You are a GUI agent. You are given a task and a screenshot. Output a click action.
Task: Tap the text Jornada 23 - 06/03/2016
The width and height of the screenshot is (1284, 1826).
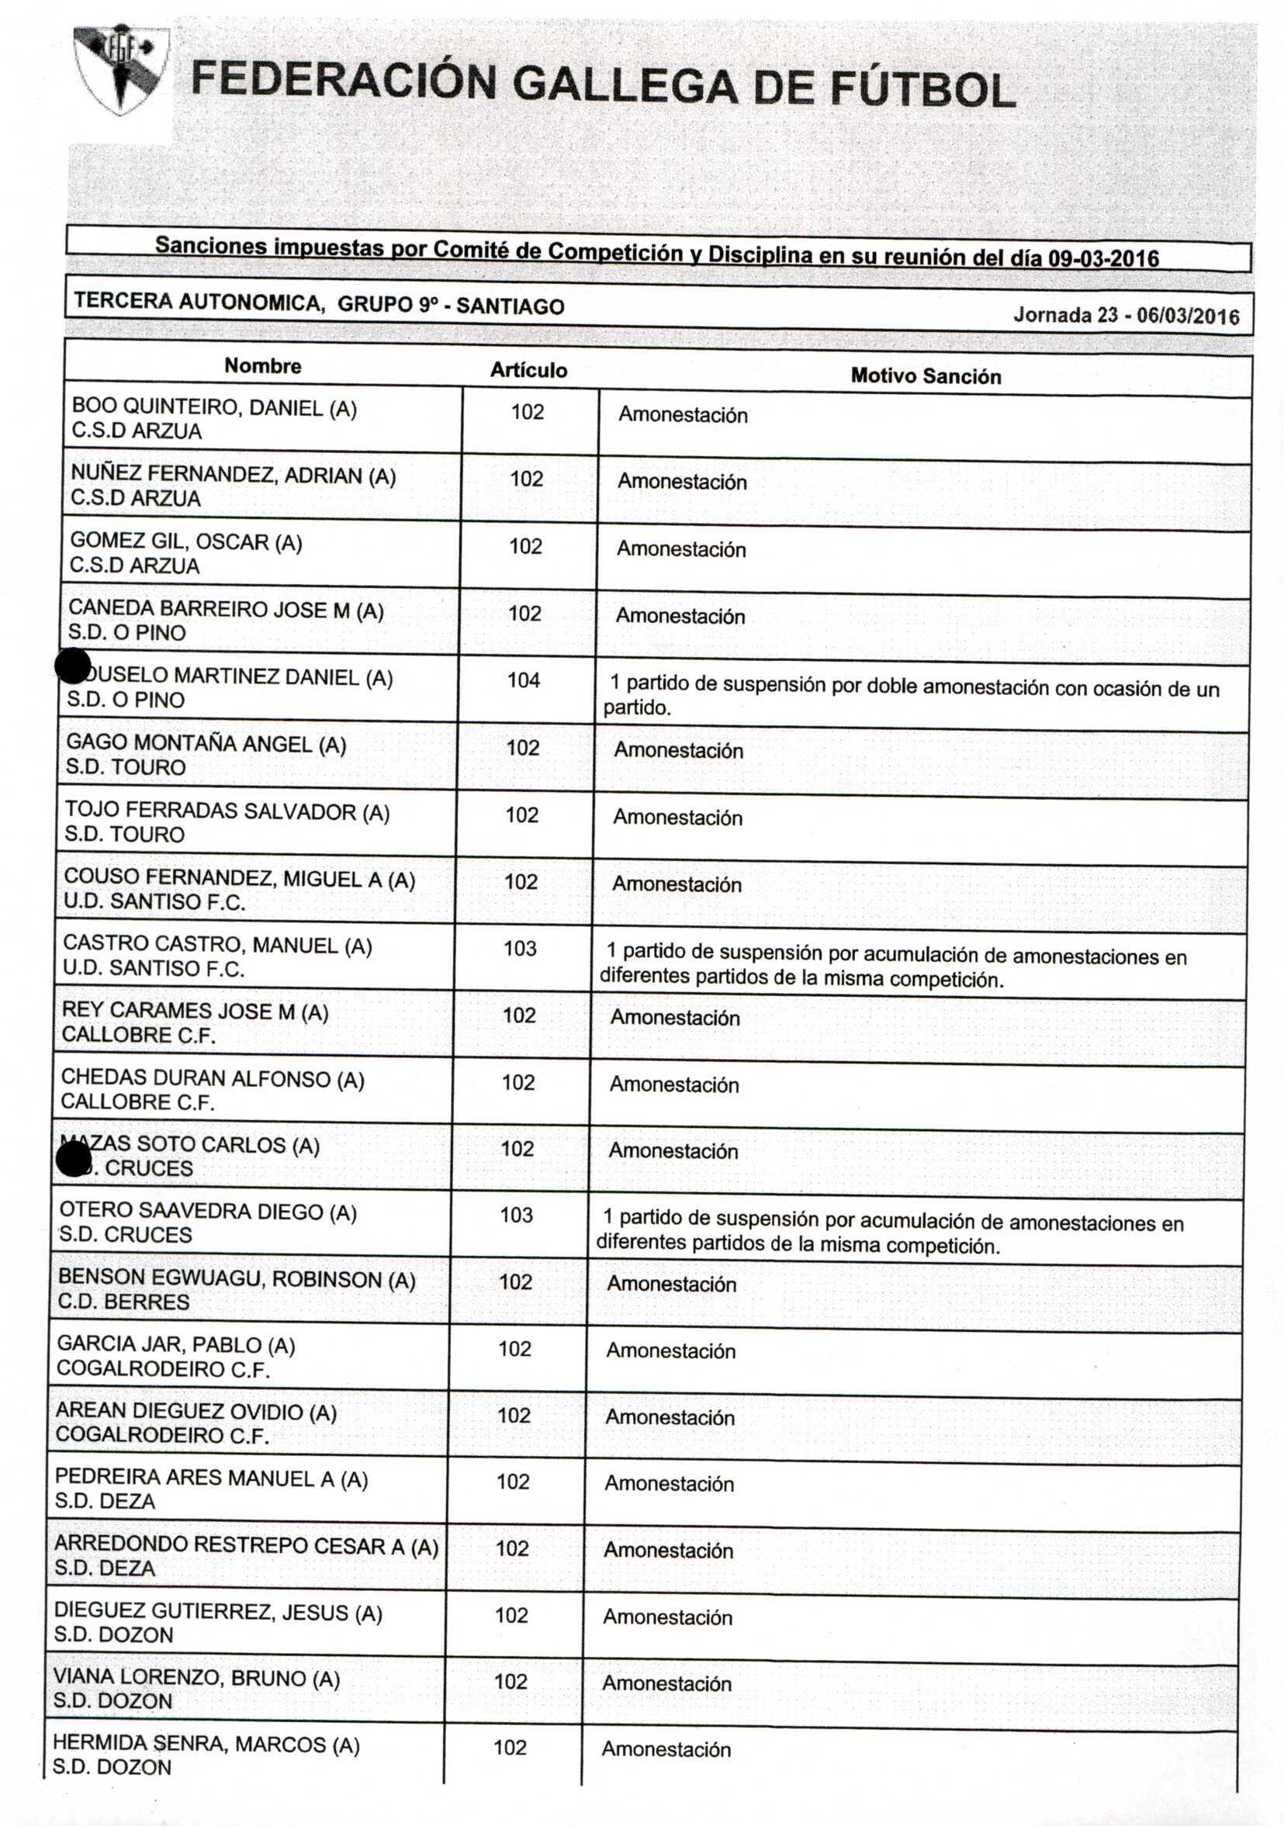tap(1126, 316)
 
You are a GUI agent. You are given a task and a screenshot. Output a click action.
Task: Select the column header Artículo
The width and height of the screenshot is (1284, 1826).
tap(528, 370)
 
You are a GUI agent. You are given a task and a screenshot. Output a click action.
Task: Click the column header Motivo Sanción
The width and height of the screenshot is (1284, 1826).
tap(926, 376)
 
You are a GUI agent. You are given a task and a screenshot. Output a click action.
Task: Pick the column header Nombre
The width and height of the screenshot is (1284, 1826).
tap(262, 366)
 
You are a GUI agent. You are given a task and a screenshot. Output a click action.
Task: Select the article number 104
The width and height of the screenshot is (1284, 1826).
tap(524, 680)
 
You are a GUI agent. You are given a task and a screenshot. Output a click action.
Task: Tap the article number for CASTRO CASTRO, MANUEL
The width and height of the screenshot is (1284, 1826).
tap(520, 948)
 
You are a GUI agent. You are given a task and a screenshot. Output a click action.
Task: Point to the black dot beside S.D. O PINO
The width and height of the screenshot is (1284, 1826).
tap(73, 666)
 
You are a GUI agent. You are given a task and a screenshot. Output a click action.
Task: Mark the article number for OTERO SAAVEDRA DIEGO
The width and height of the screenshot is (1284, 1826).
tap(516, 1215)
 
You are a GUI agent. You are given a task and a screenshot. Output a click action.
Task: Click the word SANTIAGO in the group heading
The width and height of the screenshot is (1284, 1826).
tap(510, 306)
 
